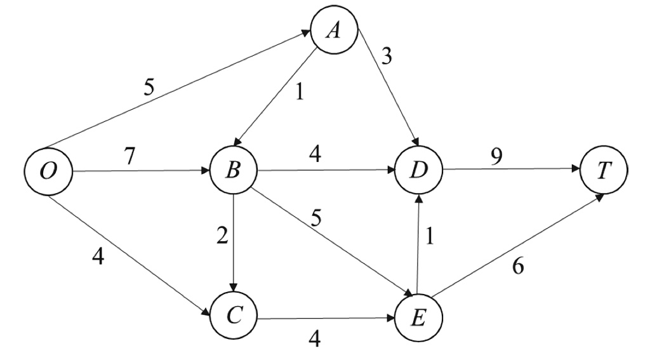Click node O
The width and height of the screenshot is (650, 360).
[48, 172]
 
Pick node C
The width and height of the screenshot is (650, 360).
[234, 315]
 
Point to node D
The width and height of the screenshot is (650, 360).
[418, 171]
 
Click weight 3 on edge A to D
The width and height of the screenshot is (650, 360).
[387, 57]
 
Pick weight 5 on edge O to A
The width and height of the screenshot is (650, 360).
[149, 87]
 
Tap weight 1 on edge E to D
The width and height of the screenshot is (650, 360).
[431, 236]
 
